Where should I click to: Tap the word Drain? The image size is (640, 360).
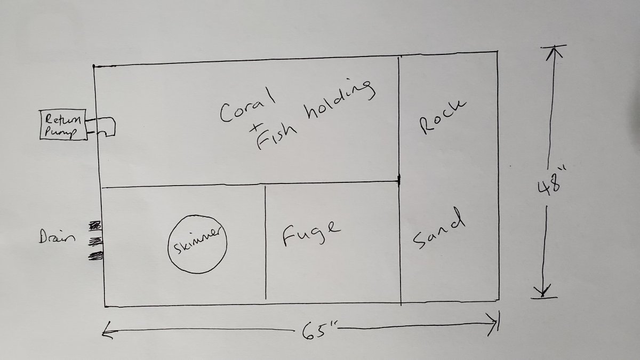[57, 236]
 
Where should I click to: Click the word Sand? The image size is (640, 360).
[438, 229]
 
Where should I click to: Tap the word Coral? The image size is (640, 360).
[247, 105]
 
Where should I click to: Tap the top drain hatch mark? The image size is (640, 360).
[95, 226]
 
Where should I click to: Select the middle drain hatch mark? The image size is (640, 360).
[95, 242]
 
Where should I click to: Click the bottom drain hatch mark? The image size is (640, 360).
[95, 255]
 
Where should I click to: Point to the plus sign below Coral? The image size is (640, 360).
[255, 129]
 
